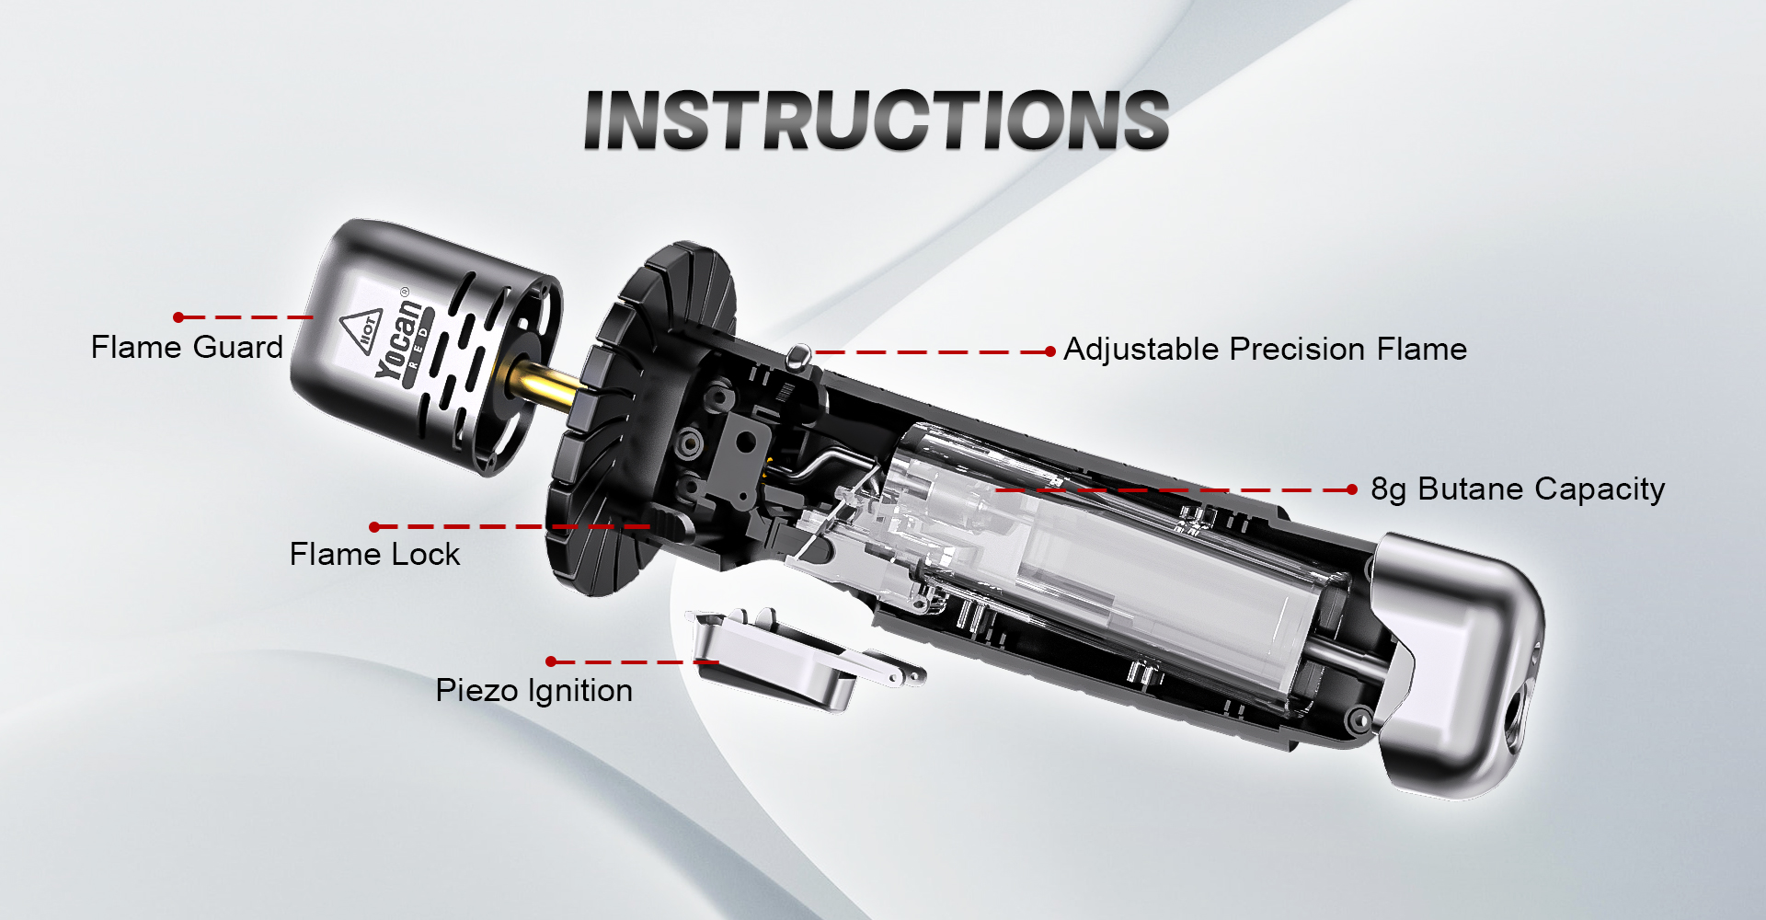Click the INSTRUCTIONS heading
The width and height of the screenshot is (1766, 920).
point(877,120)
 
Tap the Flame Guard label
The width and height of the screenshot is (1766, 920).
point(187,348)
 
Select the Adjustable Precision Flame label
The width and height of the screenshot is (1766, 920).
point(1265,350)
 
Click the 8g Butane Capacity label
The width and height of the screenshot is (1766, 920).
point(1518,489)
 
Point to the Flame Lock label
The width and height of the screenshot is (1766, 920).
point(374,554)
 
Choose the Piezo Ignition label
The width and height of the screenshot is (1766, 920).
point(534,691)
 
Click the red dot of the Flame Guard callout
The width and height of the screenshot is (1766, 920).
point(178,317)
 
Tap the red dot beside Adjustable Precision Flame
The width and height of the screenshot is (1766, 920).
point(1050,351)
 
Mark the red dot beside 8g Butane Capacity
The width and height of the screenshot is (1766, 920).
point(1351,489)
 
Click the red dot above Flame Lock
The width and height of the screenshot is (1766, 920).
point(374,527)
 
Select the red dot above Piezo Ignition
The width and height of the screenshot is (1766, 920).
point(551,661)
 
